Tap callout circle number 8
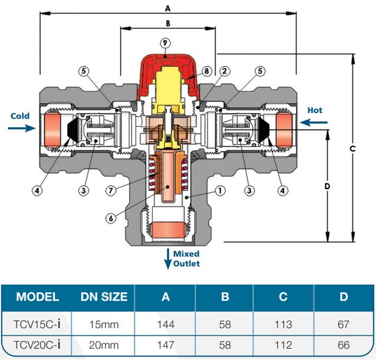point(206,71)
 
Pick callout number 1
point(219,191)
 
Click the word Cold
point(19,116)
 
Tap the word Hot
point(315,110)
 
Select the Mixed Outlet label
point(186,258)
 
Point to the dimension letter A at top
point(167,8)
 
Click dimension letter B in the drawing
point(167,24)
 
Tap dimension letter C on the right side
point(352,148)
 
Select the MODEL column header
point(37,296)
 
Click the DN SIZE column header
point(104,296)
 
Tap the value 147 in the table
point(166,345)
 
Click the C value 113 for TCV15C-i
point(284,324)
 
